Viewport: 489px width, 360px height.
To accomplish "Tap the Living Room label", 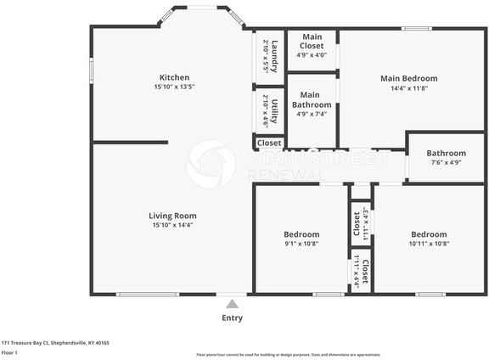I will point(172,216).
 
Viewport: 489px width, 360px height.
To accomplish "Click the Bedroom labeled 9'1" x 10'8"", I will point(301,234).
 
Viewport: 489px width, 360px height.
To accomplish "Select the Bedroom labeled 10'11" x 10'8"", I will point(429,234).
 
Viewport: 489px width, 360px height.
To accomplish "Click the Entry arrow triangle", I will point(232,303).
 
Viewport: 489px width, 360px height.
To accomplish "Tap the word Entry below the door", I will point(232,318).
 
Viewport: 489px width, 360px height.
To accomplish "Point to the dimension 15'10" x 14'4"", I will point(172,225).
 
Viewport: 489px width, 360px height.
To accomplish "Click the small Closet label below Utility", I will point(269,143).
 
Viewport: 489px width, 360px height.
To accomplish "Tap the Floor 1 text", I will point(10,352).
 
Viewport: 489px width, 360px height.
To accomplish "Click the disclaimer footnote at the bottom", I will point(288,354).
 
